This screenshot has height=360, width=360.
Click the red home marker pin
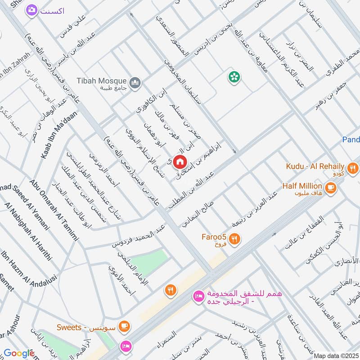tap(180, 161)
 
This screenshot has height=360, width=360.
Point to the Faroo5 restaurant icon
tap(234, 239)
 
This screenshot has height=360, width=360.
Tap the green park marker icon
tap(234, 77)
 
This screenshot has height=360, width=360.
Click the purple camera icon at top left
tap(31, 10)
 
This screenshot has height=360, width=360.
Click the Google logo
tap(19, 353)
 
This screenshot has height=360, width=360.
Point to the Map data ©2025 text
tap(335, 355)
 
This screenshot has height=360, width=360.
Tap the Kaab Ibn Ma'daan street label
tap(59, 135)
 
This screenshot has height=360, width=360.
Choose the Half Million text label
tap(302, 186)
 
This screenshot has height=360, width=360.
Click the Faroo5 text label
tap(215, 237)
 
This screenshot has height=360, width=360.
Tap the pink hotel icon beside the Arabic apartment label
tap(198, 296)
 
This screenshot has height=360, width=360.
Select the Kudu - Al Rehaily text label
tap(315, 166)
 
